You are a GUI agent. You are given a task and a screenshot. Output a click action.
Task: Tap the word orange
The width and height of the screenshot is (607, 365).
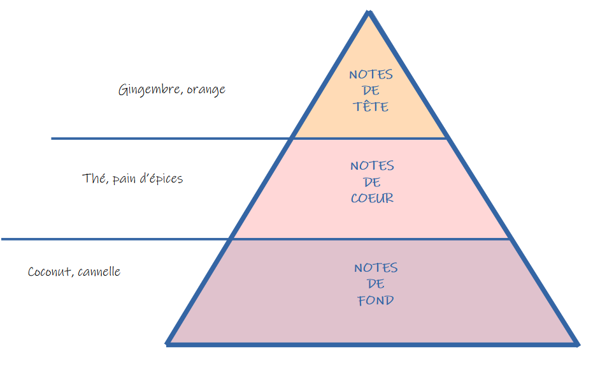pos(206,90)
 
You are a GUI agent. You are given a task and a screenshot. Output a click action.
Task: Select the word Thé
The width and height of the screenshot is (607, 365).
pos(93,179)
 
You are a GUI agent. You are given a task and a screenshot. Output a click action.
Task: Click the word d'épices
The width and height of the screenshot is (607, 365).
pos(161,179)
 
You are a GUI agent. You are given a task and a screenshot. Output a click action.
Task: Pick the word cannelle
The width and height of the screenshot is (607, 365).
pos(99,271)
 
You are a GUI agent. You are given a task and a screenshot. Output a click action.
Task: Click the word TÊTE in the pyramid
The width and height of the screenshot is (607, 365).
pos(371,107)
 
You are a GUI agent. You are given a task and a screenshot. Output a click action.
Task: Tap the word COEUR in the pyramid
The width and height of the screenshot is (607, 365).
pos(372,198)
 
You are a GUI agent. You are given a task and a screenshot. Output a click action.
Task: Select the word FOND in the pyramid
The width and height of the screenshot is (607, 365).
pos(376,300)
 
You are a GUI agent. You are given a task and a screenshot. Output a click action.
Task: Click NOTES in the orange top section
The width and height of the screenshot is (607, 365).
pos(371,74)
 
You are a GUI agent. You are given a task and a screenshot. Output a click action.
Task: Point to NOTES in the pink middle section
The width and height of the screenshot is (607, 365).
pos(372,166)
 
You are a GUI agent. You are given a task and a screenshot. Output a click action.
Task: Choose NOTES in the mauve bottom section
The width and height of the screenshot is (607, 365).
pos(376,267)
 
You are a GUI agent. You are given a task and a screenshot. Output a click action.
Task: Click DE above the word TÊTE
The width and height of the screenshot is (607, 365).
pos(371,91)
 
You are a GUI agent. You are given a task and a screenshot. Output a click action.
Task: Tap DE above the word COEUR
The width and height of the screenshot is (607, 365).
pos(371,182)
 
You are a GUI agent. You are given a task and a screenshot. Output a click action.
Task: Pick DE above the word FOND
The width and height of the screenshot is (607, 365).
pos(376,284)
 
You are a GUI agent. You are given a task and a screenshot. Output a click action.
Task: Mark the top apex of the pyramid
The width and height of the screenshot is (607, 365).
pos(369,11)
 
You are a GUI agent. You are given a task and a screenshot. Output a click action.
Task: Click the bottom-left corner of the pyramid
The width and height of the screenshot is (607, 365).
pos(166,344)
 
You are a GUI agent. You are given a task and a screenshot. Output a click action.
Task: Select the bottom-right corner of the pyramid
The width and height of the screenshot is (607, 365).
pos(578,345)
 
